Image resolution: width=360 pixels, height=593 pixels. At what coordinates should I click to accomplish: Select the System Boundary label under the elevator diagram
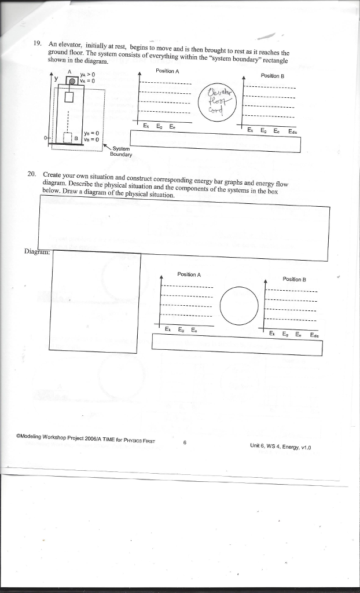tap(122, 152)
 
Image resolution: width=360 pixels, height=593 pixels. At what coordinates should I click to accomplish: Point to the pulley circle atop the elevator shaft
tap(72, 82)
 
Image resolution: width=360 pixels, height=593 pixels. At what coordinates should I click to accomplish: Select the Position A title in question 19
tap(167, 70)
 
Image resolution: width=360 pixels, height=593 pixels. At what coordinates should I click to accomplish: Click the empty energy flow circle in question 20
tap(239, 305)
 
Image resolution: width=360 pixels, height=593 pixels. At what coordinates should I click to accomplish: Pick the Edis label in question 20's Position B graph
tap(314, 335)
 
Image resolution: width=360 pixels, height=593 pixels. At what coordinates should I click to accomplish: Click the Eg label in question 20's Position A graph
tap(181, 330)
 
